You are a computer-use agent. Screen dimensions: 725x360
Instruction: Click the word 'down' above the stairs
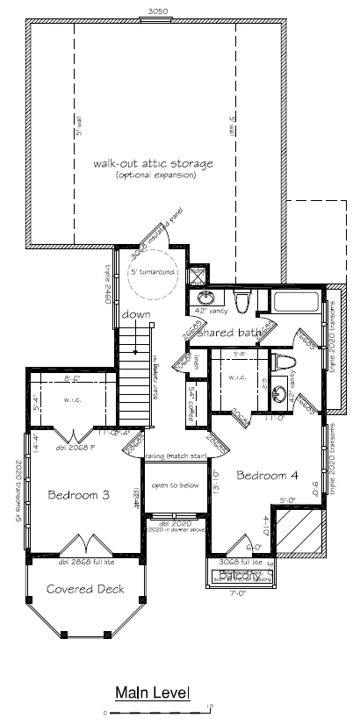[x=136, y=313]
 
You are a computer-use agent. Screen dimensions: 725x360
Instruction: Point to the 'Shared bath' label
[x=229, y=333]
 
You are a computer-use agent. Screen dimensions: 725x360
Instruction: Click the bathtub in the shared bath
[x=297, y=304]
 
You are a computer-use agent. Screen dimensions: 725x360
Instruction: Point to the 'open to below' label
[x=171, y=485]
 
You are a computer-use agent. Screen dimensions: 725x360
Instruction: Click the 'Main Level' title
[x=152, y=693]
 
